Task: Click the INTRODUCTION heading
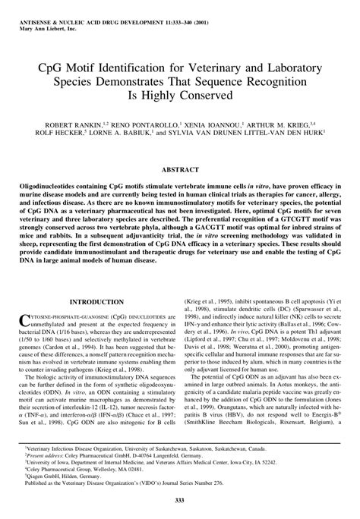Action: pos(90,302)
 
